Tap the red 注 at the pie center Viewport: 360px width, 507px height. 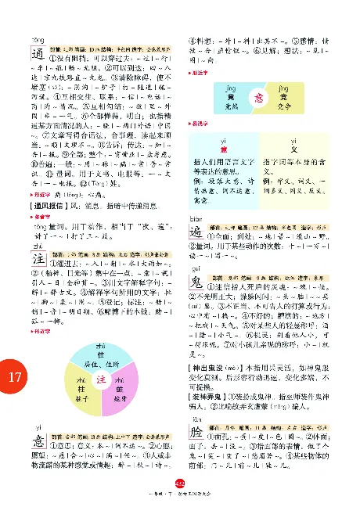[x=101, y=379]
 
